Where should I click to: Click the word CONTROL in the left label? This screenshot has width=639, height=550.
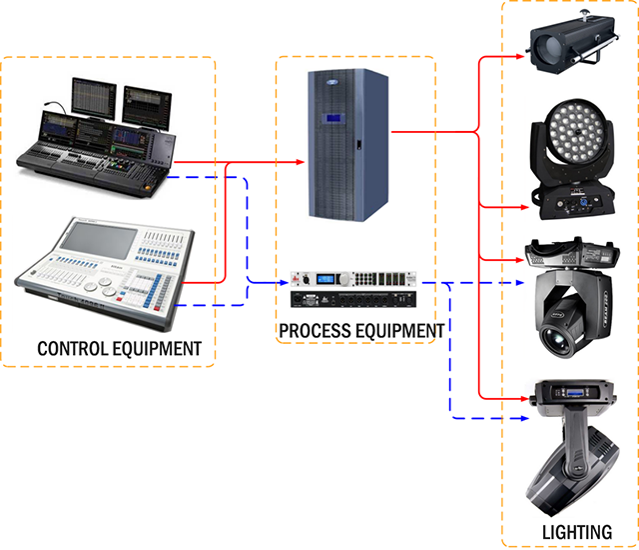(73, 349)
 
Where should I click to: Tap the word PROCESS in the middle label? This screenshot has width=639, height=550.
(310, 331)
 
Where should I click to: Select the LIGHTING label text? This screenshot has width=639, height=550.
(577, 532)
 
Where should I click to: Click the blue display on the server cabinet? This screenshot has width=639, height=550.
(333, 118)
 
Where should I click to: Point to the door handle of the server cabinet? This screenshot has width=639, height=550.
(359, 144)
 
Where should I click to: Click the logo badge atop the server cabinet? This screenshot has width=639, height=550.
(332, 82)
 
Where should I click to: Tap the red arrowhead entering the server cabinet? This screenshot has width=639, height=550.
(300, 162)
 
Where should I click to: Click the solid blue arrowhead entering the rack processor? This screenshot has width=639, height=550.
(284, 282)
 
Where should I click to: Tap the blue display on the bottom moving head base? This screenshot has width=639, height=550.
(575, 393)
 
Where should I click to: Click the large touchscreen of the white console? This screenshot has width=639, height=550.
(100, 241)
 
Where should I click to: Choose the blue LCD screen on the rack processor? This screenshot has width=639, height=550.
(325, 279)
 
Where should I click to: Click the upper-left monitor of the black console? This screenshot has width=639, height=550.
(94, 98)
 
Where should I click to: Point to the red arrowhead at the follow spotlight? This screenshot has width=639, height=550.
(520, 56)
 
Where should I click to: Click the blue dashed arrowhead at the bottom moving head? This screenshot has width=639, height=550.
(524, 418)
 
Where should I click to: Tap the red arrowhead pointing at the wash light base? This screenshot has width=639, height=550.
(524, 207)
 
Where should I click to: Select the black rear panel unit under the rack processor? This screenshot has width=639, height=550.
(353, 300)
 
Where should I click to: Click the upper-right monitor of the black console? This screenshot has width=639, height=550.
(147, 108)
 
